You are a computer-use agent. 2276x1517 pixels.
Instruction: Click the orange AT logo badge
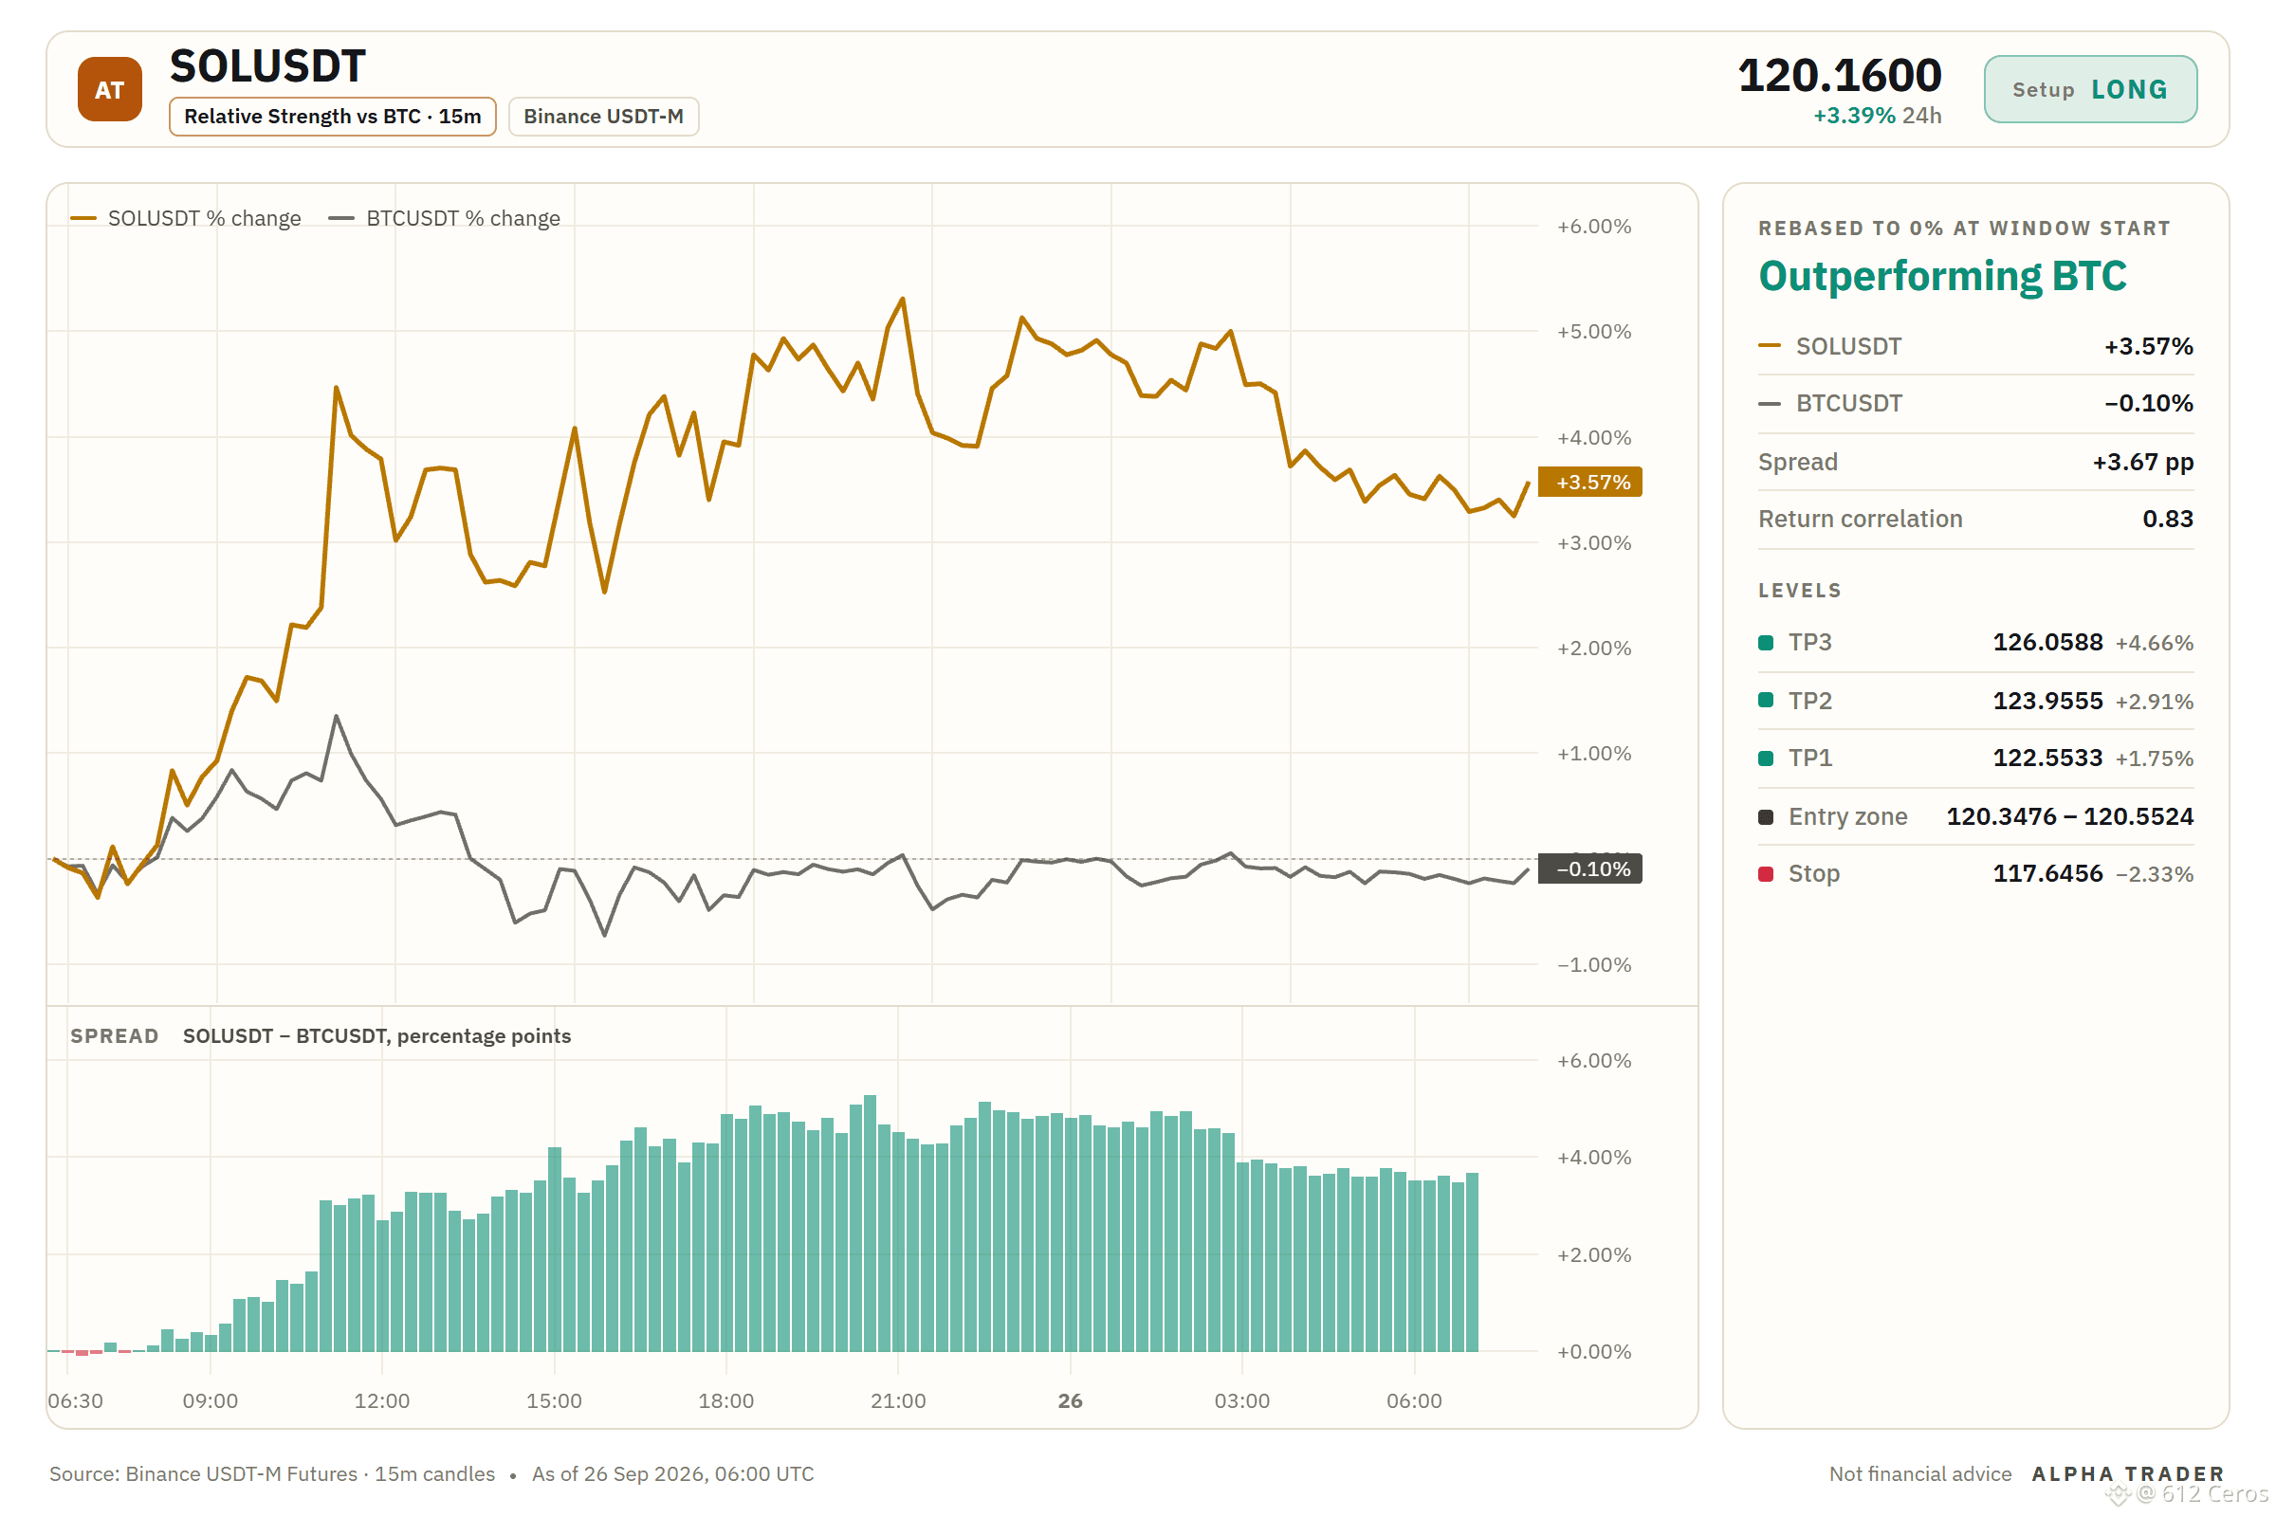pos(109,89)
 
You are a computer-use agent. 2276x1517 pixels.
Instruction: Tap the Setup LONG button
pos(2089,89)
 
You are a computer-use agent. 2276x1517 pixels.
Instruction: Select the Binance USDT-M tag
pos(603,116)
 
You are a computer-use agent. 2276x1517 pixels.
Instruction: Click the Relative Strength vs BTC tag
pos(332,116)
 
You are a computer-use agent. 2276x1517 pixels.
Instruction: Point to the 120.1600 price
pos(1839,76)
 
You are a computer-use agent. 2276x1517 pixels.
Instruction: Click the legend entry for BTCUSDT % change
pos(444,219)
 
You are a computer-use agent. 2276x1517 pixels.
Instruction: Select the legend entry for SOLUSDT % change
pos(186,219)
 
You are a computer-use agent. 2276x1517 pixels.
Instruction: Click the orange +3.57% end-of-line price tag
pos(1590,482)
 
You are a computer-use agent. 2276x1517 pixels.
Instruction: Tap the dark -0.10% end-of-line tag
pos(1590,868)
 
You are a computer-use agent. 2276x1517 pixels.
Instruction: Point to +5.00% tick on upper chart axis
pos(1594,332)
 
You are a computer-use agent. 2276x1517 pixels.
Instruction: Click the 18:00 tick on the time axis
pos(725,1400)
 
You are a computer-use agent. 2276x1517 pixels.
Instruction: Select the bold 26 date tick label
pos(1071,1400)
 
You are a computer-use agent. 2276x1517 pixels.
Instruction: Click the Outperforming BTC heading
pos(1942,276)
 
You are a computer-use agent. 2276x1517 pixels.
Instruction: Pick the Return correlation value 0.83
pos(2168,519)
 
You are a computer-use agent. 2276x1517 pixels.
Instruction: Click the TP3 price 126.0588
pos(2047,643)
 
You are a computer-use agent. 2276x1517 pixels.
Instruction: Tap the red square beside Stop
pos(1766,873)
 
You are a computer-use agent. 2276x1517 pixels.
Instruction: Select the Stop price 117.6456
pos(2047,873)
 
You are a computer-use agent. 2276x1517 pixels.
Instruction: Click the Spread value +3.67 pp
pos(2142,462)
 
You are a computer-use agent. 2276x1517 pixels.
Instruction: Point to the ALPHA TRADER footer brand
pos(2128,1473)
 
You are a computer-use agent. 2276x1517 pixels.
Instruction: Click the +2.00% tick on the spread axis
pos(1594,1254)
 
